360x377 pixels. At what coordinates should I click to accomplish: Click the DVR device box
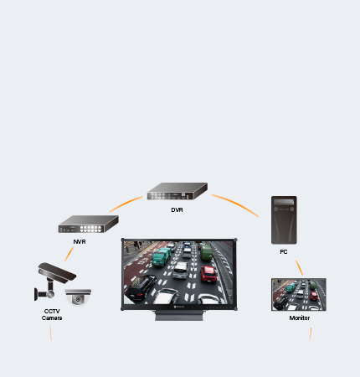[177, 191]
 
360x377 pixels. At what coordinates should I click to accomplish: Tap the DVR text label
[177, 209]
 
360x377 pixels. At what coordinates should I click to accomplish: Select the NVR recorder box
[88, 224]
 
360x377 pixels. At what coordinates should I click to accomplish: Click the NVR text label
[80, 241]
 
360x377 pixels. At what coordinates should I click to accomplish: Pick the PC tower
[284, 220]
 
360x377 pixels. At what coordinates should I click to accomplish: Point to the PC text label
[284, 251]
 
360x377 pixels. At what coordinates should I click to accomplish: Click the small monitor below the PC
[299, 294]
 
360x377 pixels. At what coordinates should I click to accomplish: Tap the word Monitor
[300, 318]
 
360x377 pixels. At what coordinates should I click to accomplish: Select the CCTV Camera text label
[52, 314]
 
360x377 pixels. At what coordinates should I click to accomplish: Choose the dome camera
[78, 297]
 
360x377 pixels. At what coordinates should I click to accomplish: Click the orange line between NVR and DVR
[126, 204]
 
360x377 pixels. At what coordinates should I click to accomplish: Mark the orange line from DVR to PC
[236, 204]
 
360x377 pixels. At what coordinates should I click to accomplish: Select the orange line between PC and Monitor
[299, 268]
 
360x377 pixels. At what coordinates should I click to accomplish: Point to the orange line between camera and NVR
[69, 254]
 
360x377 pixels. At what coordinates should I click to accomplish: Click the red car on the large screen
[208, 273]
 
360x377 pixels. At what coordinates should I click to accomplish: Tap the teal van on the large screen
[161, 256]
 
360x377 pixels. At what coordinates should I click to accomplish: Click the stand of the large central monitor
[179, 316]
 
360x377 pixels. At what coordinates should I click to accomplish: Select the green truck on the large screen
[207, 252]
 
